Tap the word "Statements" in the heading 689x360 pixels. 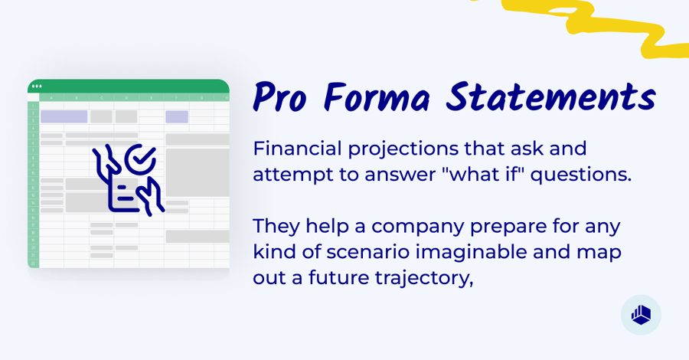(x=551, y=98)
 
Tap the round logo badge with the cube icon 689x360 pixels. (x=641, y=315)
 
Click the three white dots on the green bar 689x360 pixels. (x=37, y=86)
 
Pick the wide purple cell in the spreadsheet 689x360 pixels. (x=64, y=116)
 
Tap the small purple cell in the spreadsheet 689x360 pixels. (x=177, y=116)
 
